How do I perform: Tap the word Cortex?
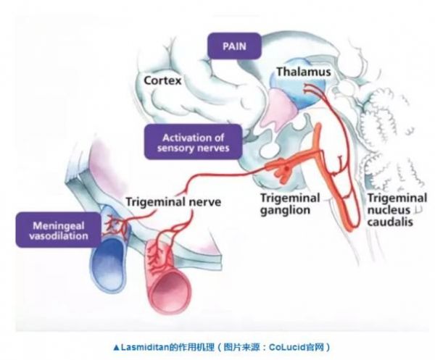[164, 78]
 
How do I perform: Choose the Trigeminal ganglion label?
[286, 204]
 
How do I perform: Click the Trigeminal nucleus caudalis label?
[390, 210]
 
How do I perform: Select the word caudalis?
[390, 222]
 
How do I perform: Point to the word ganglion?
[286, 210]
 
